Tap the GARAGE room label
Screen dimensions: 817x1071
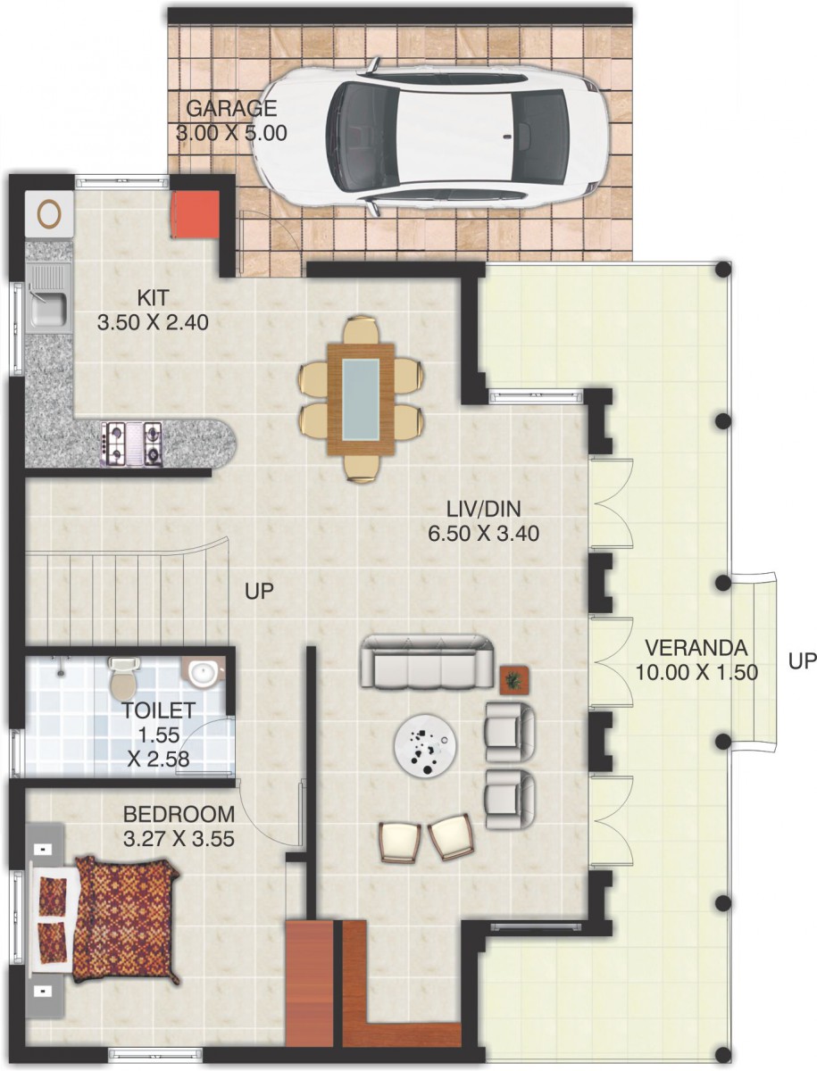231,108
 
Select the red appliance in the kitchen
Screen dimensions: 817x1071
195,215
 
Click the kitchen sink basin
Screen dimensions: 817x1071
49,308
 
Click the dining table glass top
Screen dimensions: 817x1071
361,399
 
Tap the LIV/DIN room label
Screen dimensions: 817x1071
484,509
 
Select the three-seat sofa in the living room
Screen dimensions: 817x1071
427,662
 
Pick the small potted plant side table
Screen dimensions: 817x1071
514,680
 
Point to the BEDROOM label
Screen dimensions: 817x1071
179,814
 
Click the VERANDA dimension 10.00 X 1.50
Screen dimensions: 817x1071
696,672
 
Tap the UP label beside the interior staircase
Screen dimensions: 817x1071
259,591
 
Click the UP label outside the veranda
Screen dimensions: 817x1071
802,661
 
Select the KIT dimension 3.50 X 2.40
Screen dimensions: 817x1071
153,322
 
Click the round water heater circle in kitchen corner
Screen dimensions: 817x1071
49,213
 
